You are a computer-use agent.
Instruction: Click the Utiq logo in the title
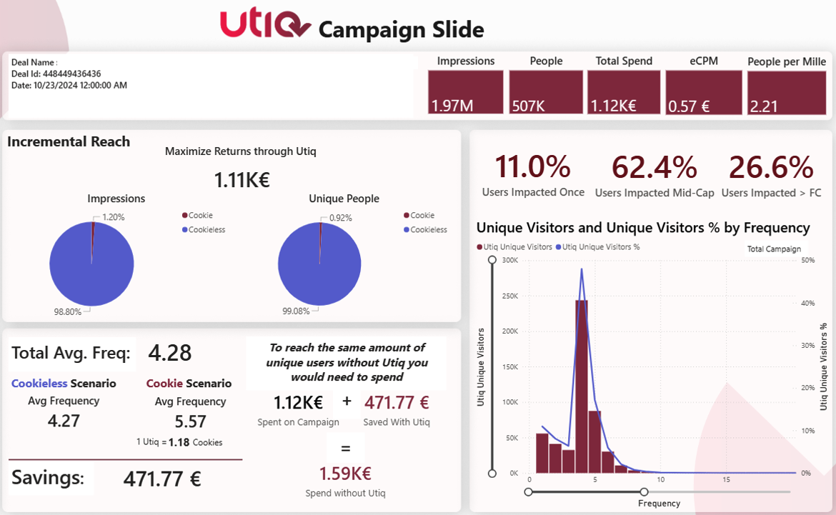click(x=264, y=24)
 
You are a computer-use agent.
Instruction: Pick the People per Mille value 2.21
click(x=763, y=106)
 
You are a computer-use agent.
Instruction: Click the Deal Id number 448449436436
click(x=71, y=74)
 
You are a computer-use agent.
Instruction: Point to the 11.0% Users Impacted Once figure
click(x=533, y=167)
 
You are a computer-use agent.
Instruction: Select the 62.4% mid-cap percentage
click(x=654, y=167)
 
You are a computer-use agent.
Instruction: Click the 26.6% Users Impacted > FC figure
click(x=771, y=167)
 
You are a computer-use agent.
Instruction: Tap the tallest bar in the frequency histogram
click(x=582, y=386)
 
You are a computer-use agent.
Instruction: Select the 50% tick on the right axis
click(x=807, y=260)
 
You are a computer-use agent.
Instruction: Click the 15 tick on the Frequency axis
click(x=726, y=479)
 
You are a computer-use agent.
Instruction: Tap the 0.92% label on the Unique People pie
click(x=340, y=218)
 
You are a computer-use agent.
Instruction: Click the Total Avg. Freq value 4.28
click(x=170, y=353)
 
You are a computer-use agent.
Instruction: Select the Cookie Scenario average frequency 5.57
click(x=190, y=421)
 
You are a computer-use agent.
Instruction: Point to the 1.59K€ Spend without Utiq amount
click(x=345, y=474)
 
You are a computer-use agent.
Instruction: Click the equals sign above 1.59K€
click(x=345, y=448)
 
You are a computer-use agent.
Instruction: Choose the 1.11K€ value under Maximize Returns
click(x=242, y=180)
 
